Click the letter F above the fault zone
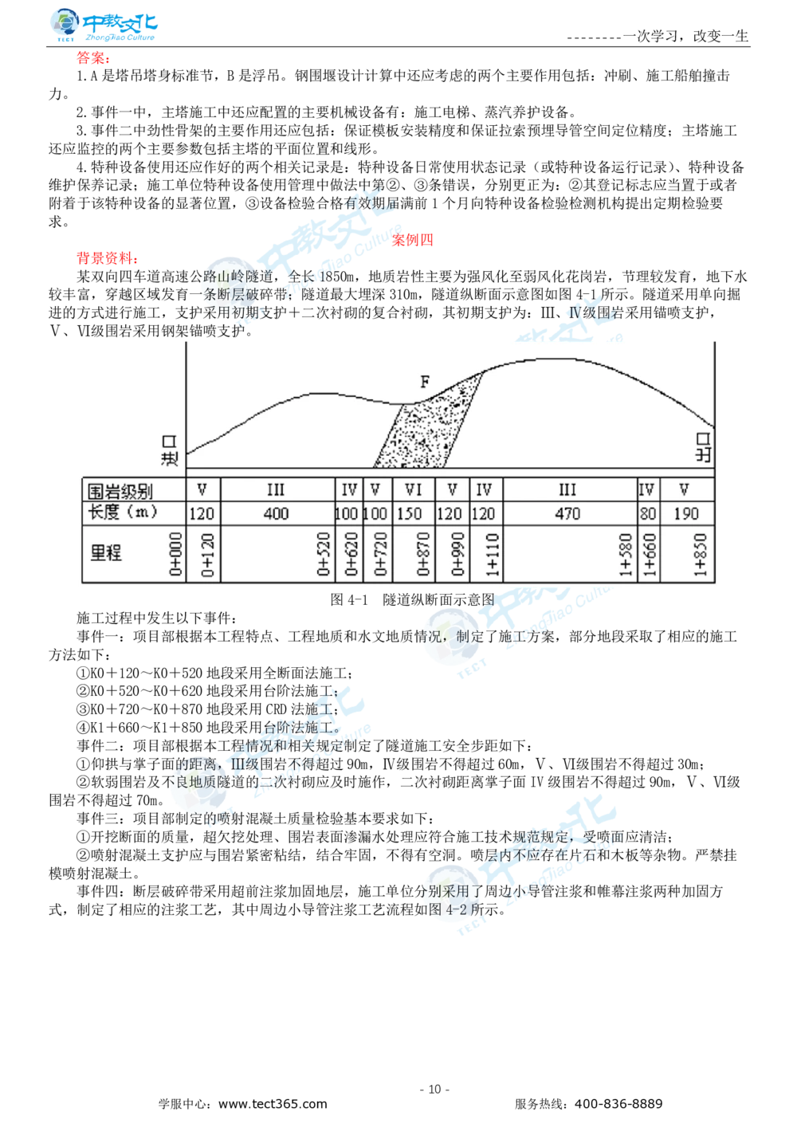point(425,383)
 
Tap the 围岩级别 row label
point(120,489)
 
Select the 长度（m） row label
point(123,512)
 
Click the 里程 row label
point(106,552)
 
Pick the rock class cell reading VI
point(413,489)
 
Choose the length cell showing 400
point(276,513)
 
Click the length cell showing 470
point(567,513)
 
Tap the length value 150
point(410,513)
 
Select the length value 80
point(647,513)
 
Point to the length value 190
point(685,513)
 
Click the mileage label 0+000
point(176,554)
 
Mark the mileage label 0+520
point(324,554)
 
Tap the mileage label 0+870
point(423,554)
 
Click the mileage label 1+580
point(626,554)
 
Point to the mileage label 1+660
point(650,554)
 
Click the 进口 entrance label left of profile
point(169,450)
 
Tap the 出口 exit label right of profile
point(702,447)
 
